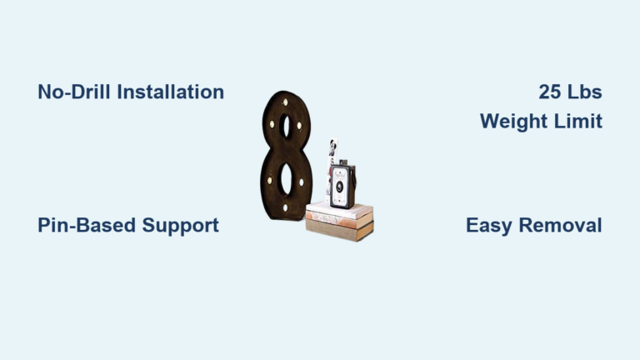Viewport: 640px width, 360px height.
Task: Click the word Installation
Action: [171, 92]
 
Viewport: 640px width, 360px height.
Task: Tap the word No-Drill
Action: [74, 92]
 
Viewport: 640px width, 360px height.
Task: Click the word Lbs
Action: [584, 92]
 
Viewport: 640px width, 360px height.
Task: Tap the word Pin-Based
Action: [87, 225]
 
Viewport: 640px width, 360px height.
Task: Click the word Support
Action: [180, 226]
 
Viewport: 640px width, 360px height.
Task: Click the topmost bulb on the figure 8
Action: [285, 102]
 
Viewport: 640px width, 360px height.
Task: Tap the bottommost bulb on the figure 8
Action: [285, 207]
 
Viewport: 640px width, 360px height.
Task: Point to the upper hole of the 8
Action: [285, 126]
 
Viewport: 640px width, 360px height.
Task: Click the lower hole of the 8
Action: [286, 179]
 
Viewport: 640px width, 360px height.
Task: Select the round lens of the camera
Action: [339, 187]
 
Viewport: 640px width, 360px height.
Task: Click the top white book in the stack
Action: [340, 211]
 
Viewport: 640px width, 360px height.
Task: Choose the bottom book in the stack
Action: [340, 231]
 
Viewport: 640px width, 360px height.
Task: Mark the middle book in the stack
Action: [340, 221]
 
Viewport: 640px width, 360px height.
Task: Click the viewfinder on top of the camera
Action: [343, 162]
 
